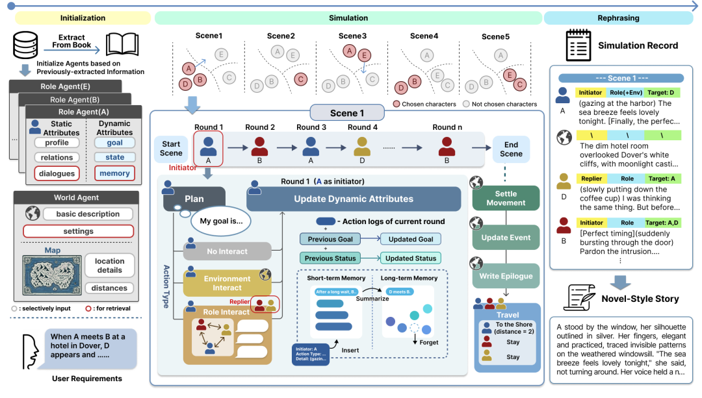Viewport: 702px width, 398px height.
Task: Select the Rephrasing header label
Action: click(618, 18)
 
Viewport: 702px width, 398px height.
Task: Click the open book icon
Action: click(122, 45)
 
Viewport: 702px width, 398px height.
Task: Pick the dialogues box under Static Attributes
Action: click(57, 173)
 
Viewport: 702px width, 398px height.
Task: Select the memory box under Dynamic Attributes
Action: click(114, 173)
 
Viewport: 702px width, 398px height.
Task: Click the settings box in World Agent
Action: click(78, 231)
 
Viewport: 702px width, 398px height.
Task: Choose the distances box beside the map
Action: click(109, 288)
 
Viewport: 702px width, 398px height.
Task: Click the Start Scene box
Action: click(171, 149)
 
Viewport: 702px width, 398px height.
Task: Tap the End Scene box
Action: click(511, 149)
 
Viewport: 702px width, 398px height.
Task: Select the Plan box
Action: click(194, 199)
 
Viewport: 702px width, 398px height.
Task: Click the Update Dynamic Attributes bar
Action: click(354, 199)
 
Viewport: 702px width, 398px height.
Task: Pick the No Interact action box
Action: click(227, 251)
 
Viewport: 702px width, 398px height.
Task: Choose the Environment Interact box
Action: click(227, 284)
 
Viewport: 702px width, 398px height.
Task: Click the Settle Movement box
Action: click(506, 198)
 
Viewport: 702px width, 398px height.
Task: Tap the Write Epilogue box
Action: click(506, 276)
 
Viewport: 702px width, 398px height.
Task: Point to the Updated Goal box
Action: click(410, 239)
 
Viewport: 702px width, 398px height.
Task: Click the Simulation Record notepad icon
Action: click(577, 45)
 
